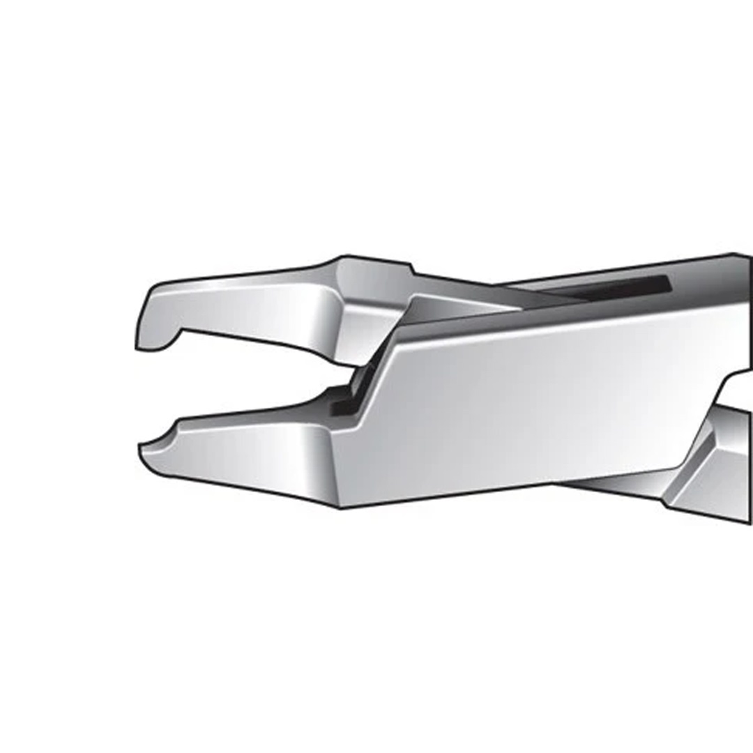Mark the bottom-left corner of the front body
click(x=342, y=506)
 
